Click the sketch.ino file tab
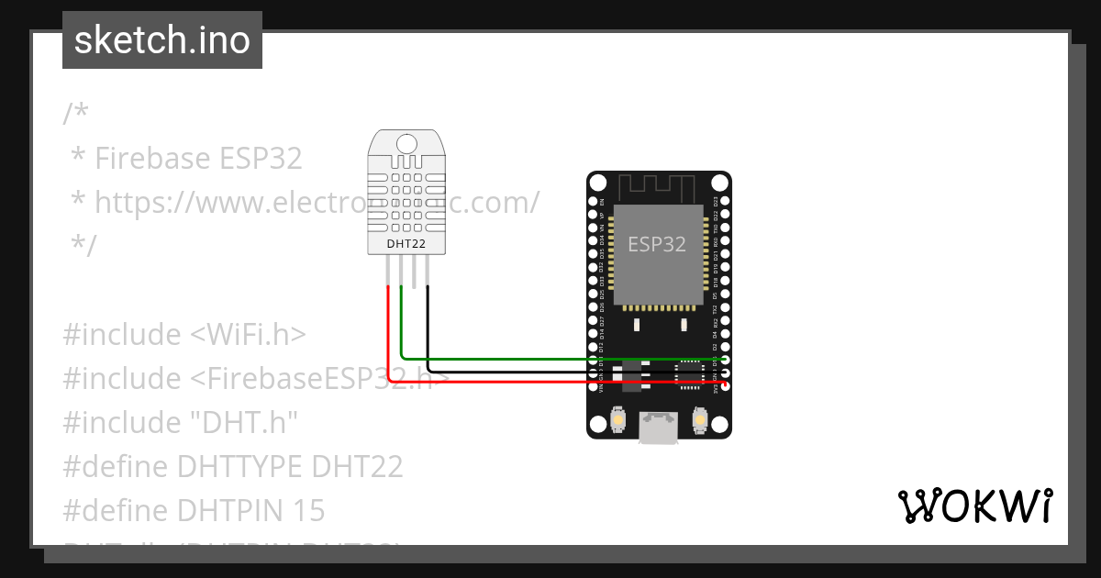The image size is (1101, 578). click(x=162, y=40)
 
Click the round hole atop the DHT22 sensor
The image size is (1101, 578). click(x=406, y=142)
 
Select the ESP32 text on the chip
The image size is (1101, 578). click(x=656, y=244)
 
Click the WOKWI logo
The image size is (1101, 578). click(x=974, y=506)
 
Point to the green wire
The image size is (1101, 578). click(x=550, y=359)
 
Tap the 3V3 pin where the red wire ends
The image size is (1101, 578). click(x=726, y=385)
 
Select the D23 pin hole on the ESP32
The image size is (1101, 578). click(x=726, y=200)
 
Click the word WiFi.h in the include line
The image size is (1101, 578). click(x=248, y=335)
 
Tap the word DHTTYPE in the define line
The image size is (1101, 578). click(x=241, y=466)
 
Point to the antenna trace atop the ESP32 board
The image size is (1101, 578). click(x=659, y=188)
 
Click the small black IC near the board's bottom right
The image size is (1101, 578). click(x=688, y=375)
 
